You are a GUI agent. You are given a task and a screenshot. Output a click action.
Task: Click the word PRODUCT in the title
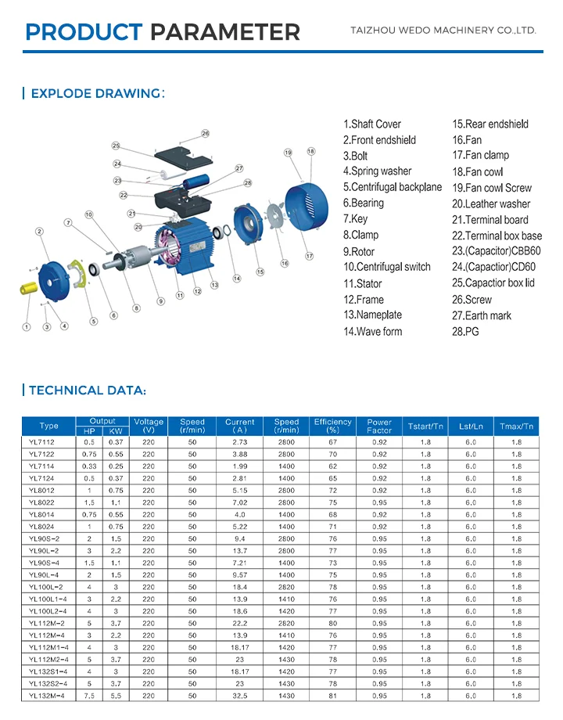[x=84, y=32]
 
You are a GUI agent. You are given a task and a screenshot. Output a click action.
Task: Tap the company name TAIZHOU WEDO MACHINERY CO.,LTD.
[x=442, y=31]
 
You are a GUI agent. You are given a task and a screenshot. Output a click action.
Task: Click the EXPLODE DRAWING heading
[x=94, y=94]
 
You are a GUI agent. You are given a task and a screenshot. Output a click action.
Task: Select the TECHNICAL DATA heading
[x=87, y=391]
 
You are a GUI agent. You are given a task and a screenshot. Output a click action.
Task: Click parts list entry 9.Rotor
[x=359, y=252]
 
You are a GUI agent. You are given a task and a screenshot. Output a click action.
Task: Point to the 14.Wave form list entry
[x=372, y=332]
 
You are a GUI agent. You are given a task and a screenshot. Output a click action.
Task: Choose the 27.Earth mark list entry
[x=482, y=315]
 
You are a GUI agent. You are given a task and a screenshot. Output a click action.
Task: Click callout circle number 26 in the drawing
[x=206, y=134]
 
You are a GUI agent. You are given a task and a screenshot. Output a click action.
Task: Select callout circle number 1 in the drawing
[x=27, y=326]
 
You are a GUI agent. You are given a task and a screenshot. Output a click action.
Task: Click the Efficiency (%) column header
[x=332, y=426]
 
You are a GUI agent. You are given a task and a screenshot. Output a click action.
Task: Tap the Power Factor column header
[x=379, y=426]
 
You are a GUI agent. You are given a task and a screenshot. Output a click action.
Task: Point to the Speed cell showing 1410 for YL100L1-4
[x=286, y=599]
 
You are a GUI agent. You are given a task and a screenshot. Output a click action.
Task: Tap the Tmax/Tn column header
[x=516, y=426]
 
